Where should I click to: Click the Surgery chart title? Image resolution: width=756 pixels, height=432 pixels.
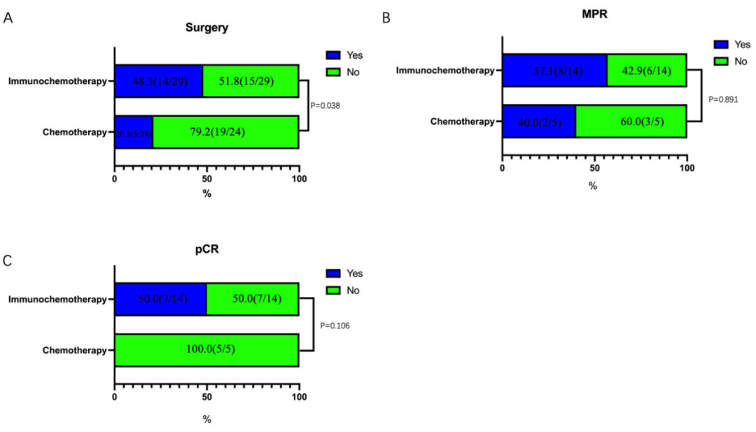point(206,28)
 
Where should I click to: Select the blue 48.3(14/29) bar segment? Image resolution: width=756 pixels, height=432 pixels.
point(158,81)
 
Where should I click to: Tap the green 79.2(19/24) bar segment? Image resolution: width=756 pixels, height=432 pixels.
point(225,132)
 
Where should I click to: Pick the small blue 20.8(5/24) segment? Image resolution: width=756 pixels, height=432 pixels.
point(134,132)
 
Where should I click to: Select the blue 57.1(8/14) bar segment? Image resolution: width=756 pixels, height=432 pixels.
point(554,70)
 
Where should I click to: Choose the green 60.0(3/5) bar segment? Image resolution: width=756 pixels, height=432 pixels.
point(631,121)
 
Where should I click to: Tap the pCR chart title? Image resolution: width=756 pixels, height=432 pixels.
point(206,250)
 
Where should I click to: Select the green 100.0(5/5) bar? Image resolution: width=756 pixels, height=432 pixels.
point(206,350)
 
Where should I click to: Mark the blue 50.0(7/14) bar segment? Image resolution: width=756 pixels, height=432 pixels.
point(160,299)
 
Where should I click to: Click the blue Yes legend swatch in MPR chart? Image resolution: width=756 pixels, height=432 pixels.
point(721,43)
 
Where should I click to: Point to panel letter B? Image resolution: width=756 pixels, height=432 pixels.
point(386,18)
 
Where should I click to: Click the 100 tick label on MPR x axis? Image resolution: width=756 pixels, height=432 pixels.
point(686,168)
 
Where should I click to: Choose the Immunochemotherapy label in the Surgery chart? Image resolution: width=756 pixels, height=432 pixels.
point(57,81)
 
